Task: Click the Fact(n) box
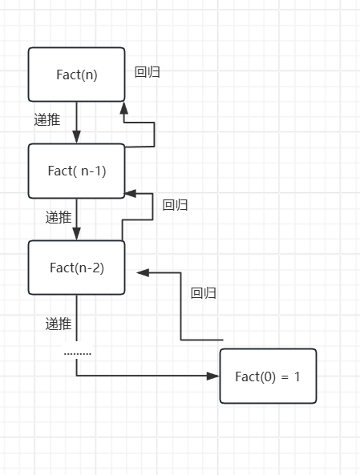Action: [76, 74]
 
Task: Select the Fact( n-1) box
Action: [76, 171]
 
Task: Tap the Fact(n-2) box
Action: [76, 268]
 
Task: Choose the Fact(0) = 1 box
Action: [268, 376]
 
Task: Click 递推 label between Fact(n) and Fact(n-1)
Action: [47, 119]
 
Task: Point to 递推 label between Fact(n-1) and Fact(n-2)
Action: [59, 216]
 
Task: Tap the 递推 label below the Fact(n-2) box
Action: [59, 324]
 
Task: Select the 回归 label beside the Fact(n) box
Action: [148, 72]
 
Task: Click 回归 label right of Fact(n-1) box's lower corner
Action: [175, 205]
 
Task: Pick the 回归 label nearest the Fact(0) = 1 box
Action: [204, 293]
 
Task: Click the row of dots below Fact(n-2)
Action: [78, 353]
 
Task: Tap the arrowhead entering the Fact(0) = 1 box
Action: [213, 376]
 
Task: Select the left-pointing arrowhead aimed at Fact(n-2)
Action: [143, 272]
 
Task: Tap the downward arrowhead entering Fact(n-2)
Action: [77, 233]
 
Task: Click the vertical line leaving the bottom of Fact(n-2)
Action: [77, 316]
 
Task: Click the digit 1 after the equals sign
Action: [297, 376]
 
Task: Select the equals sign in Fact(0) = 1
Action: [285, 376]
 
